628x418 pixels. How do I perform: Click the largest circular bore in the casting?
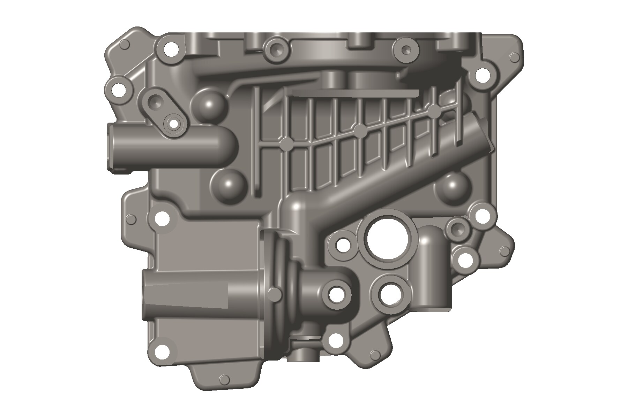387,239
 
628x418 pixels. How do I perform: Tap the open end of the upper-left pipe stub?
111,148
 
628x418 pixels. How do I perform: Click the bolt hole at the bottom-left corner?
161,350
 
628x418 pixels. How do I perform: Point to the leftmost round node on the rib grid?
286,143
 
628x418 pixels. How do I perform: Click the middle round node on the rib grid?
360,131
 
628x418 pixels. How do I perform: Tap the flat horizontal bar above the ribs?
356,93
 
